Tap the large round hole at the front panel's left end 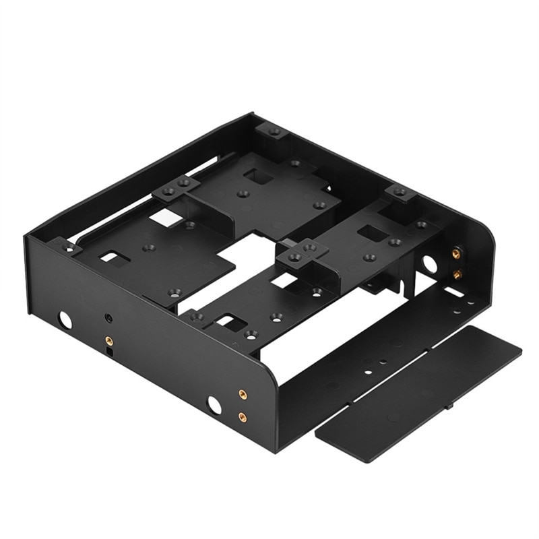(x=65, y=320)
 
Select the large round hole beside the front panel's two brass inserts (x=214, y=404)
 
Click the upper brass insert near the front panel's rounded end (x=243, y=394)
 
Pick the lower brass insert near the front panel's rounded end (x=243, y=417)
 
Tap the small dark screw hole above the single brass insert (x=108, y=317)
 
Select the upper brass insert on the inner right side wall (x=456, y=253)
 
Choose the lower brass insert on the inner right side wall (x=457, y=274)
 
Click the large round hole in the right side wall (x=429, y=263)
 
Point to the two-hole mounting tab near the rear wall (x=177, y=187)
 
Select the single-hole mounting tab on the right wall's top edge (x=400, y=193)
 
